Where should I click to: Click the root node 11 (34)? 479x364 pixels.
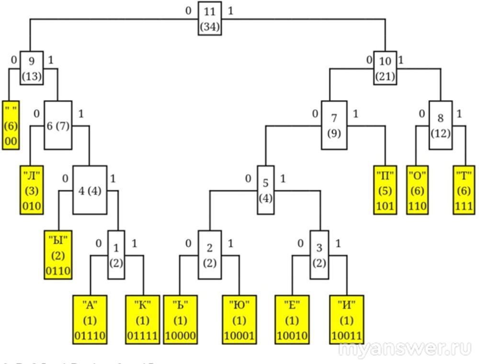[x=209, y=19]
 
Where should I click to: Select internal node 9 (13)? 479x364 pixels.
[x=31, y=68]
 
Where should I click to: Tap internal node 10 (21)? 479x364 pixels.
[x=385, y=68]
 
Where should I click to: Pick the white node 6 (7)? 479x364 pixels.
[x=58, y=125]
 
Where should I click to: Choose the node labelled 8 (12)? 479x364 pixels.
[x=440, y=125]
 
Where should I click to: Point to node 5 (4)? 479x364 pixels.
[x=265, y=190]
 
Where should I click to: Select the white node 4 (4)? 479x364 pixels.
[x=90, y=190]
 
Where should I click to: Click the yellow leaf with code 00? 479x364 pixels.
[x=11, y=125]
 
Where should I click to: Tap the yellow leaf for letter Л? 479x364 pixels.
[x=31, y=190]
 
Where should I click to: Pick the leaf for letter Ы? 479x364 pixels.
[x=58, y=255]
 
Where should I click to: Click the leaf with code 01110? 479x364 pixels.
[x=90, y=319]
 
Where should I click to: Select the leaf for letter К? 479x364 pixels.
[x=142, y=319]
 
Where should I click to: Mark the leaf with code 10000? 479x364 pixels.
[x=180, y=319]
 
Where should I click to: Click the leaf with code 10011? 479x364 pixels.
[x=346, y=319]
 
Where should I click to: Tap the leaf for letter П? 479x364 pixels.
[x=385, y=190]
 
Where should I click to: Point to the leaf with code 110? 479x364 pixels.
[x=418, y=190]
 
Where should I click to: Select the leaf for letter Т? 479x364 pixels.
[x=464, y=190]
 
